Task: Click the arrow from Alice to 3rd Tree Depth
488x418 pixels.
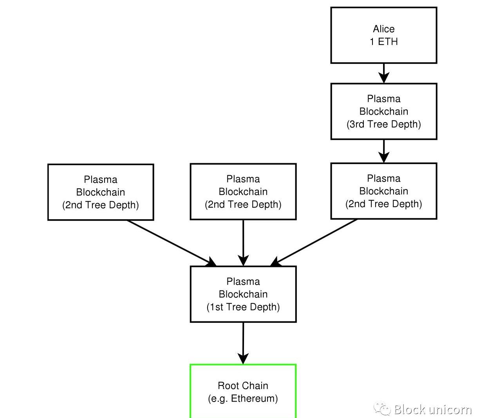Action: click(383, 73)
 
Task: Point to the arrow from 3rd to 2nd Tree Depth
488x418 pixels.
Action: click(383, 151)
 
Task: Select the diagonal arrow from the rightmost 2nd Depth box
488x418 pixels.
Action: click(315, 241)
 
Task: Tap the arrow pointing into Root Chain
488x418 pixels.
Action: click(243, 342)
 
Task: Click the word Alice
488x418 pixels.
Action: click(384, 29)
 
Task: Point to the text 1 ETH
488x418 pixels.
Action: click(384, 42)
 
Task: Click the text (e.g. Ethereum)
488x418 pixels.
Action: click(243, 399)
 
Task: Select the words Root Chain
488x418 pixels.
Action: click(243, 386)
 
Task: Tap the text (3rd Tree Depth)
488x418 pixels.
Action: click(384, 124)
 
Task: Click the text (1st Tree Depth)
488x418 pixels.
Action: click(243, 307)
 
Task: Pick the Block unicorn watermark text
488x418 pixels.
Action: click(432, 409)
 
